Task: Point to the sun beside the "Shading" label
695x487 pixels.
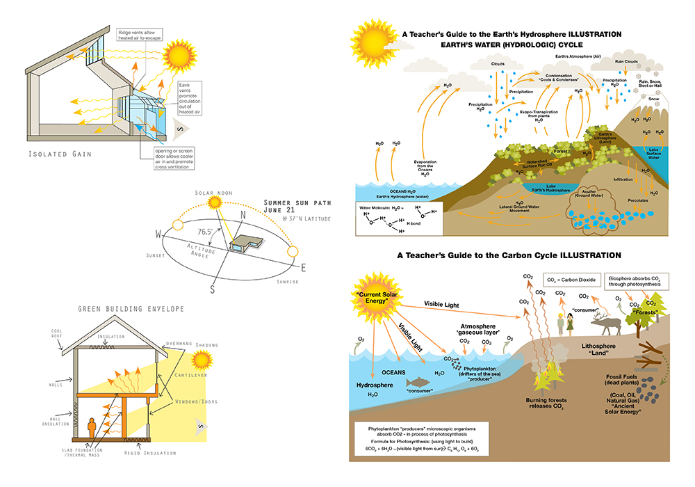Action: [x=202, y=360]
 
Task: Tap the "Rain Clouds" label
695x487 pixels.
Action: [x=628, y=61]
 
